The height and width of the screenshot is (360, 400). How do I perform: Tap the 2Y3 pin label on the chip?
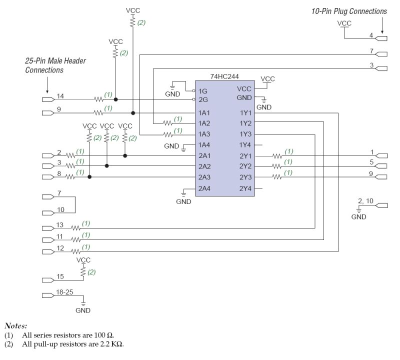click(246, 177)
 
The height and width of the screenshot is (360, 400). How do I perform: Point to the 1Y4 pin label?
click(246, 145)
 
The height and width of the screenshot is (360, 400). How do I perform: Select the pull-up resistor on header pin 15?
click(83, 271)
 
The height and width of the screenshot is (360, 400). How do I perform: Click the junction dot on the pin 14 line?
click(115, 99)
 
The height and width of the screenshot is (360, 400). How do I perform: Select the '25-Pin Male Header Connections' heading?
click(55, 65)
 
